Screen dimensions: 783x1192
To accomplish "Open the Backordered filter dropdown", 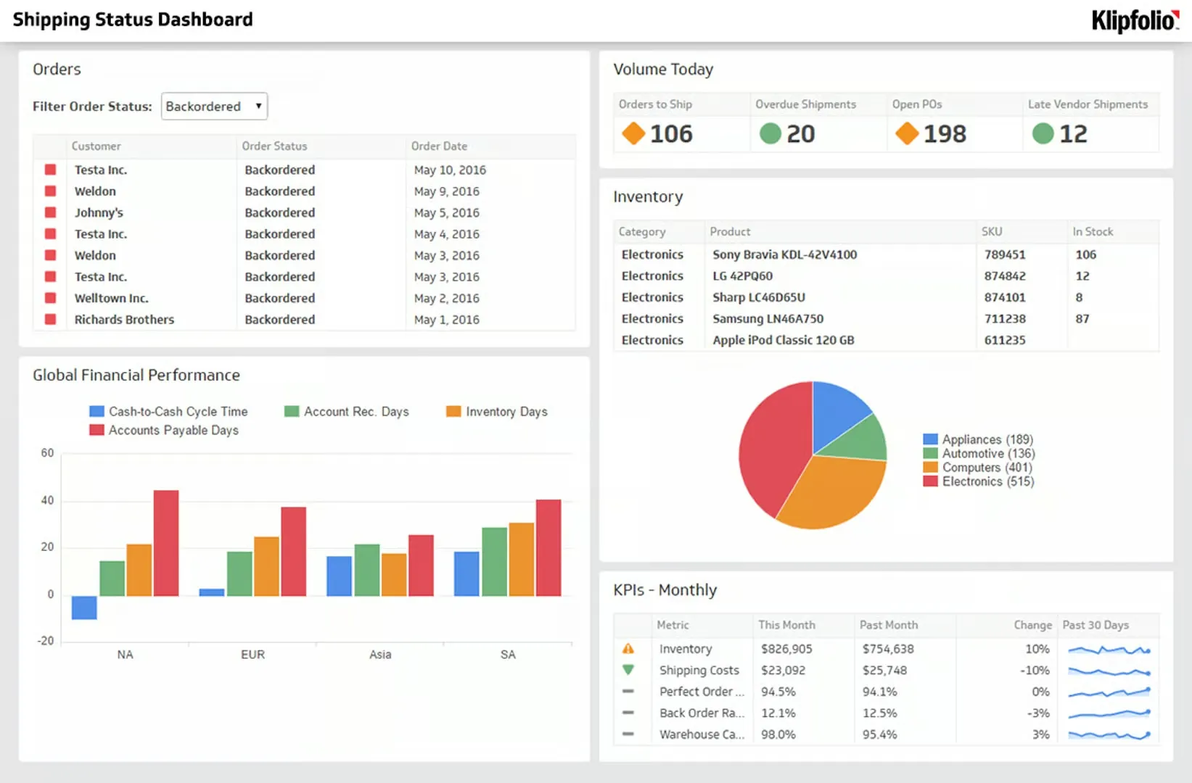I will click(x=214, y=107).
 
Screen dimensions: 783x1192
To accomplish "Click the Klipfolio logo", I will click(x=1135, y=20).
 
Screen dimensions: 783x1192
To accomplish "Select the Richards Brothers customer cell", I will click(x=124, y=320).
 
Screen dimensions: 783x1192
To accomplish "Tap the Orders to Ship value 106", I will click(x=671, y=134).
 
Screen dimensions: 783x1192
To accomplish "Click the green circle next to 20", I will click(x=770, y=133).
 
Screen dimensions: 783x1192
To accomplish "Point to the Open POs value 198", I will click(x=945, y=134).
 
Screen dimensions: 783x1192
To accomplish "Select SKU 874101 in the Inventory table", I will click(x=1005, y=297).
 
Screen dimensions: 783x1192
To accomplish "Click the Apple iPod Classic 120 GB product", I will click(x=783, y=340).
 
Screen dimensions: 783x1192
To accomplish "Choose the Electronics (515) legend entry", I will click(x=987, y=481).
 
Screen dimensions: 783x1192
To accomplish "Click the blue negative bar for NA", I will click(x=84, y=608).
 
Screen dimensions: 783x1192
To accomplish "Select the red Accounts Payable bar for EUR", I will click(x=293, y=551).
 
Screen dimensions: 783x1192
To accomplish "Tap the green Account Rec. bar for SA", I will click(x=494, y=562).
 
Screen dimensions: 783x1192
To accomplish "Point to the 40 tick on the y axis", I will click(x=47, y=500).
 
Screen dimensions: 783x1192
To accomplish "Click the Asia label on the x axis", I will click(x=380, y=655).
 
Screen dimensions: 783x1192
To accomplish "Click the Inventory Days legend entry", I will click(x=506, y=412).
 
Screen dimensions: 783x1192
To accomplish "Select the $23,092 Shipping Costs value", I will click(x=783, y=671).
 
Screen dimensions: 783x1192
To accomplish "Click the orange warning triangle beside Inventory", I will click(x=628, y=649).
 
